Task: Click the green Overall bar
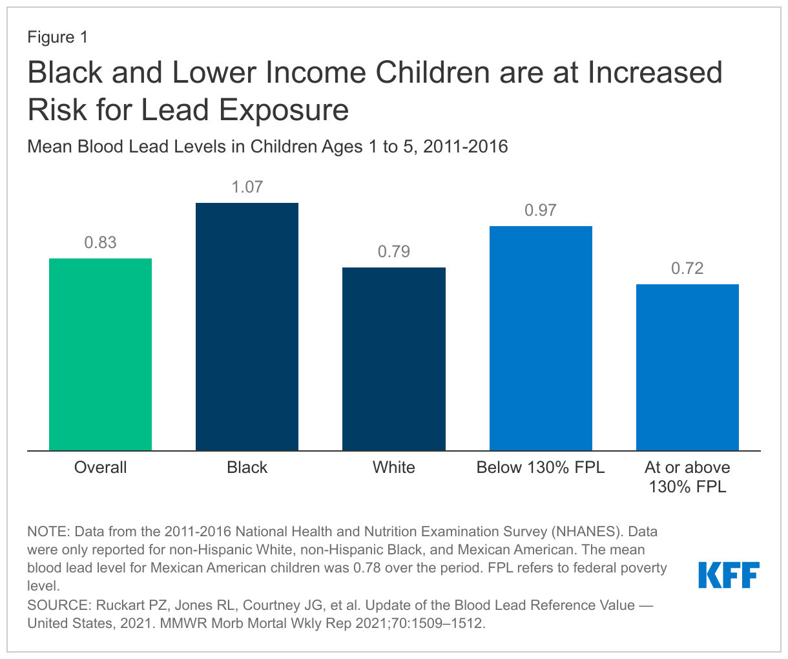(100, 354)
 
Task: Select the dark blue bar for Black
(247, 326)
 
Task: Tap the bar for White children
(393, 359)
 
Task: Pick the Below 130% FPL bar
(541, 338)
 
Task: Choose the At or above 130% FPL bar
(687, 367)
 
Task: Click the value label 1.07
(247, 187)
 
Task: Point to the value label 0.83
(100, 243)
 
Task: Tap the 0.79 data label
(393, 252)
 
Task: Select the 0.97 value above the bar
(541, 211)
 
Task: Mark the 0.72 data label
(687, 269)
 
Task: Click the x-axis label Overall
(100, 468)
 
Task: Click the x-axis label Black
(247, 468)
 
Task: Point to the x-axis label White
(393, 468)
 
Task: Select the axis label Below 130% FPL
(541, 468)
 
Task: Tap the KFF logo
(729, 575)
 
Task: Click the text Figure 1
(57, 37)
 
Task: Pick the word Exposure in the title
(284, 110)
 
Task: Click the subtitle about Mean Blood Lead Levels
(267, 147)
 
